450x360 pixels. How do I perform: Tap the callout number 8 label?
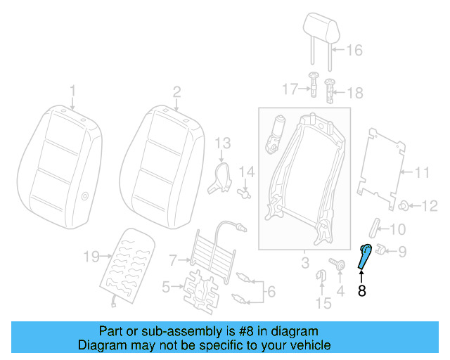362,290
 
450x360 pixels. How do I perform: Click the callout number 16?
354,50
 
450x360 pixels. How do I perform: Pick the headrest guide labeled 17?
314,86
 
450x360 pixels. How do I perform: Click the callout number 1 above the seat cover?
72,91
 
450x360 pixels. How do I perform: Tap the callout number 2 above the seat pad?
177,91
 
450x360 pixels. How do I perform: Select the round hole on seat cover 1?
84,198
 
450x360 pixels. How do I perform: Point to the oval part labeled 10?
375,229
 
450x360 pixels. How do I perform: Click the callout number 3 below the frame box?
304,263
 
